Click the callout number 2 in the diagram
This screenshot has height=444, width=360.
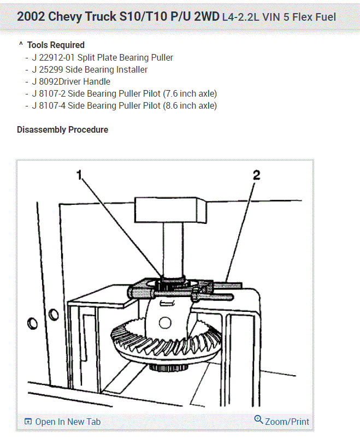click(256, 175)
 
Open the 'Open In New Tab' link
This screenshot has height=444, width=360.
click(68, 422)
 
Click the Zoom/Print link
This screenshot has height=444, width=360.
click(287, 422)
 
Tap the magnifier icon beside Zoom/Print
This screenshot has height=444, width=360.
click(258, 419)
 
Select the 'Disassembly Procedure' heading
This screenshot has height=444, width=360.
click(62, 130)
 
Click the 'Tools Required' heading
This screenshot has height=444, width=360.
click(56, 45)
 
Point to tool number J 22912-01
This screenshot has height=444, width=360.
click(54, 57)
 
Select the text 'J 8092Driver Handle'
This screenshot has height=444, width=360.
click(71, 81)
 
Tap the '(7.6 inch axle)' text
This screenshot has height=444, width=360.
click(190, 93)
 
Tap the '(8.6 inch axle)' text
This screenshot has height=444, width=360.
click(190, 105)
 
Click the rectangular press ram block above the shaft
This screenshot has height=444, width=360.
click(171, 210)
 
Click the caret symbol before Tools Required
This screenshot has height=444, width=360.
click(21, 45)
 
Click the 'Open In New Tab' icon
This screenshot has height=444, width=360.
click(28, 422)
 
